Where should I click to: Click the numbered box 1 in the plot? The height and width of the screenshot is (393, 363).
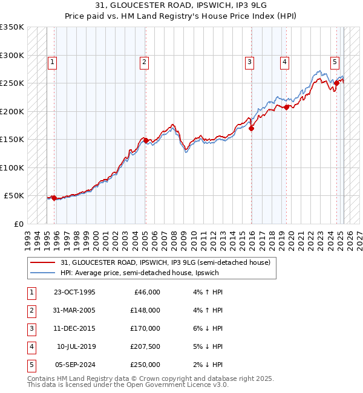click(x=52, y=61)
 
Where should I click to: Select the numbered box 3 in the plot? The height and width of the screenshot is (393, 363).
click(x=249, y=61)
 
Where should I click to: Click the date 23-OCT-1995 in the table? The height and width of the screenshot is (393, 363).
click(x=74, y=292)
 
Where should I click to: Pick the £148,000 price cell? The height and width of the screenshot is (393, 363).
click(x=145, y=310)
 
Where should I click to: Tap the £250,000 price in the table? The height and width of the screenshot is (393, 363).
click(x=145, y=365)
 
